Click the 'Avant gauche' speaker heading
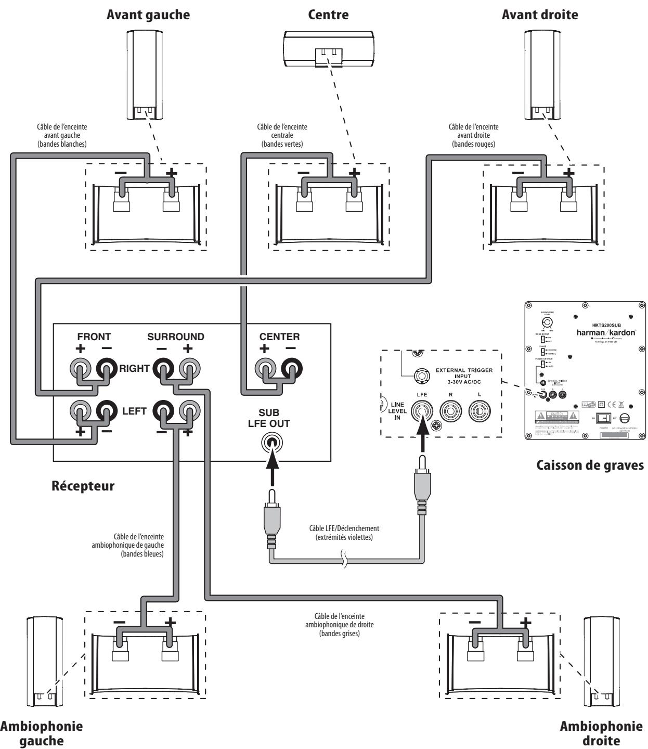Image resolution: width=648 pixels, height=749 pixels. click(x=148, y=15)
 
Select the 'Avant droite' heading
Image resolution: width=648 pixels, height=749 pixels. click(x=540, y=15)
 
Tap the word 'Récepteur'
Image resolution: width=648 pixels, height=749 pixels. click(x=83, y=487)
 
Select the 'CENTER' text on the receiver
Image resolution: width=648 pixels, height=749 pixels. click(x=279, y=337)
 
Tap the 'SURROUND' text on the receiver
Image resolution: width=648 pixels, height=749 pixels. click(x=176, y=337)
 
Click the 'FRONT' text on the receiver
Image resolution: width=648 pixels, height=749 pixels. click(x=94, y=337)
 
